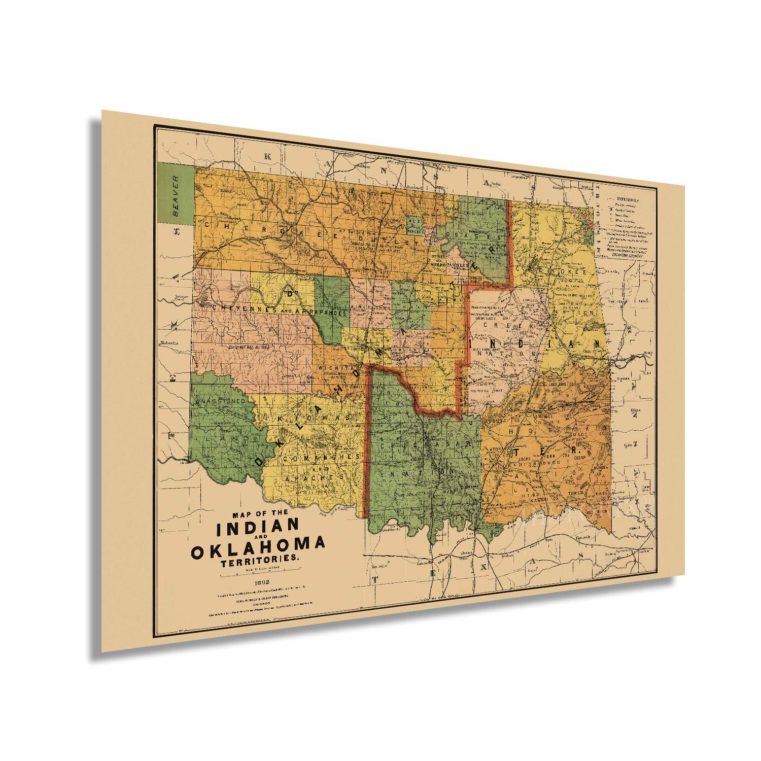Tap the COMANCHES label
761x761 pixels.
(321, 458)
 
